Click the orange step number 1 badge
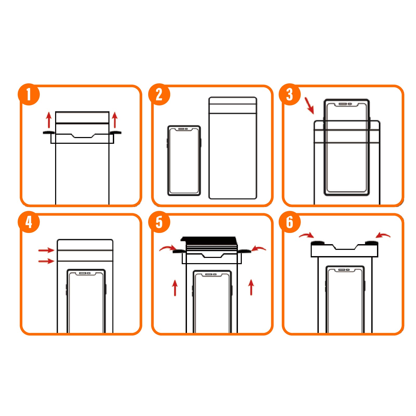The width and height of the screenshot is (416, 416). (29, 94)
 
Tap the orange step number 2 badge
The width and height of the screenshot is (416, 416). (159, 94)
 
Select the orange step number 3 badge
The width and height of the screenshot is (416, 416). (290, 94)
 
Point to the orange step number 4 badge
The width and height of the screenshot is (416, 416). (29, 222)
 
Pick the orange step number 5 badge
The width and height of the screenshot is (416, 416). (159, 222)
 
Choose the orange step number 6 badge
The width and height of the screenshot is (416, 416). (290, 222)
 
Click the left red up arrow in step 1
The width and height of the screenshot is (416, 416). (49, 120)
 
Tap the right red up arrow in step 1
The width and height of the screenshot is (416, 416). (115, 120)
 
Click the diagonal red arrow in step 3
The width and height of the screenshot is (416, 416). (309, 106)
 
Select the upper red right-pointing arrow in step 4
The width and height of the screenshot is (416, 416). (46, 250)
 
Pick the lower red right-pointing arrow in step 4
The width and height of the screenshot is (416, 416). (46, 261)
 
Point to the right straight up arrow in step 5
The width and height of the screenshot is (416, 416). (251, 287)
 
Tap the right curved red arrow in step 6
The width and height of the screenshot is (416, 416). (383, 235)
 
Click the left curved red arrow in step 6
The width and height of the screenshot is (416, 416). (307, 235)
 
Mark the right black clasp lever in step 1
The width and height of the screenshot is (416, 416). (116, 133)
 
